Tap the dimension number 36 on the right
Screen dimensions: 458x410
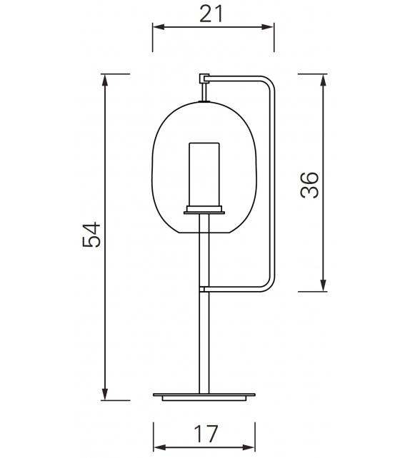[x=309, y=185]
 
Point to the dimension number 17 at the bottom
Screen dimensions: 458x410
[x=204, y=432]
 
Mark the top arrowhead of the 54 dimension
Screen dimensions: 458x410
[x=106, y=79]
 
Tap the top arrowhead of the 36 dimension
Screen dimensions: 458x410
[x=324, y=79]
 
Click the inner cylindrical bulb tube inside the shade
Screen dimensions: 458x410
[x=204, y=173]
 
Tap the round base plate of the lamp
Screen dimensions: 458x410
[x=204, y=395]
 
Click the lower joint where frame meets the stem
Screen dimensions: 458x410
[x=204, y=289]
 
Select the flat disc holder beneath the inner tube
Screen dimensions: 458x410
[x=204, y=210]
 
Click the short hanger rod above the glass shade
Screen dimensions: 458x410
[x=204, y=92]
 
